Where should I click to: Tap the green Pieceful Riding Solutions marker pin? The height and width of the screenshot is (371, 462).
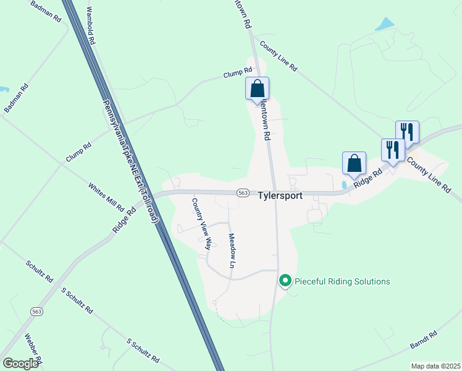pyautogui.click(x=285, y=281)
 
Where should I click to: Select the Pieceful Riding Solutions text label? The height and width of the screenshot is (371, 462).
pyautogui.click(x=342, y=281)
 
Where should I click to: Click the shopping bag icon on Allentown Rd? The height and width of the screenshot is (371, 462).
pyautogui.click(x=257, y=88)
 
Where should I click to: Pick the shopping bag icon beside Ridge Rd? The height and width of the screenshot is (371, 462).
pyautogui.click(x=354, y=163)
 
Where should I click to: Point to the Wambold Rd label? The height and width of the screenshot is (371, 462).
pyautogui.click(x=91, y=27)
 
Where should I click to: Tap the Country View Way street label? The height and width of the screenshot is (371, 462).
pyautogui.click(x=201, y=223)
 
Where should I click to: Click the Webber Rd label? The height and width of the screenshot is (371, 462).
pyautogui.click(x=33, y=349)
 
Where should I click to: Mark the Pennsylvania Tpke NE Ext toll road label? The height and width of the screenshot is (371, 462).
pyautogui.click(x=131, y=162)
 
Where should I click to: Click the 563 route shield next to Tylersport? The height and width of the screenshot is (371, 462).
pyautogui.click(x=243, y=193)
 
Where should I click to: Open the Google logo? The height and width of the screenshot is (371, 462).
pyautogui.click(x=21, y=364)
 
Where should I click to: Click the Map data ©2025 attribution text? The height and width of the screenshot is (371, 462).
pyautogui.click(x=435, y=366)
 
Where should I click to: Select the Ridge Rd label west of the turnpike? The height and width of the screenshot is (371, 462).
pyautogui.click(x=124, y=220)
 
